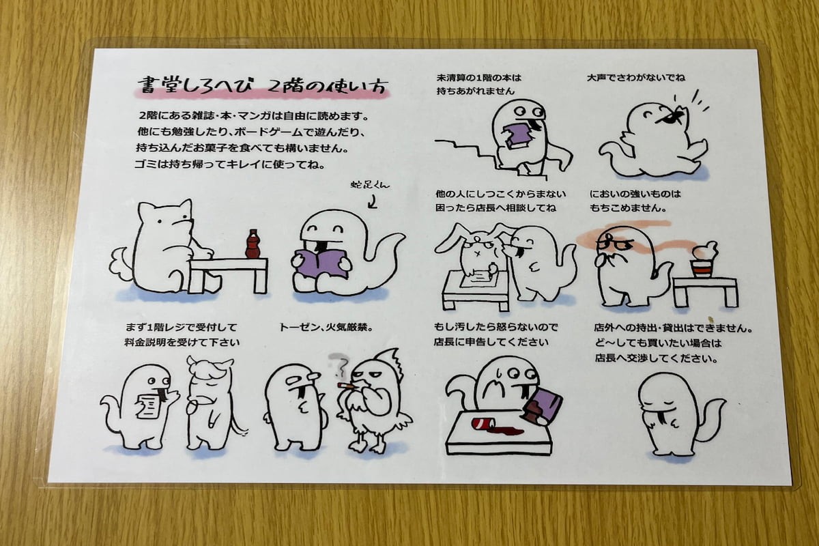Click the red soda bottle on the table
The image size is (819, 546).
point(253,244)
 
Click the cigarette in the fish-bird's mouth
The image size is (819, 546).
point(348,386)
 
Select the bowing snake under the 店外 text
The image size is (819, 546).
point(672,414)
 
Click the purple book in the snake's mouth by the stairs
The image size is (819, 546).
point(521,132)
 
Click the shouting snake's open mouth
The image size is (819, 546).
point(672,117)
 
